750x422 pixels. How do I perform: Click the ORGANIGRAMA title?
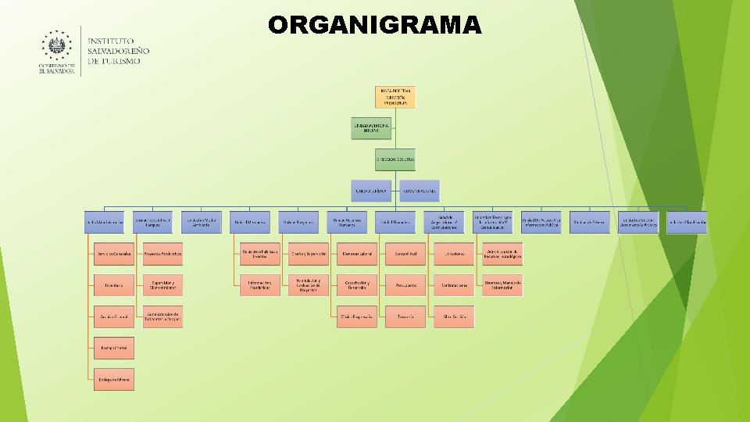(375, 25)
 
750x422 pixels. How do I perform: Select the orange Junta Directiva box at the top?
(395, 97)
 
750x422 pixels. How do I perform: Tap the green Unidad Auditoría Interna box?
(371, 128)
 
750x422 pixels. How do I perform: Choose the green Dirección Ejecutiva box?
(395, 159)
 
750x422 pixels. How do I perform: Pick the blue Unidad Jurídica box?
(371, 191)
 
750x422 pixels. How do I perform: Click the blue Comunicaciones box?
(420, 191)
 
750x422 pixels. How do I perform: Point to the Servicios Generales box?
(114, 254)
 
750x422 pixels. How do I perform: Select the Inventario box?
(114, 285)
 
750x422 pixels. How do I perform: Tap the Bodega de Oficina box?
(114, 379)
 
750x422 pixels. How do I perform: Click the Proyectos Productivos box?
(162, 254)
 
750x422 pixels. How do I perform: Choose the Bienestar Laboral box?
(356, 254)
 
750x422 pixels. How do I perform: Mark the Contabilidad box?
(405, 254)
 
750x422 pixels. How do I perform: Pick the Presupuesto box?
(405, 285)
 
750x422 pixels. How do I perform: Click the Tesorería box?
(405, 316)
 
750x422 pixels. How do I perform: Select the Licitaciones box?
(454, 254)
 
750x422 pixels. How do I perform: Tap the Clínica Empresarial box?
(356, 316)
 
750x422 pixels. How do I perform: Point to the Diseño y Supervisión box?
(308, 254)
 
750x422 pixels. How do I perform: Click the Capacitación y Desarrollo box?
(356, 285)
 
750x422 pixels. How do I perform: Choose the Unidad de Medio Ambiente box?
(202, 222)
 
